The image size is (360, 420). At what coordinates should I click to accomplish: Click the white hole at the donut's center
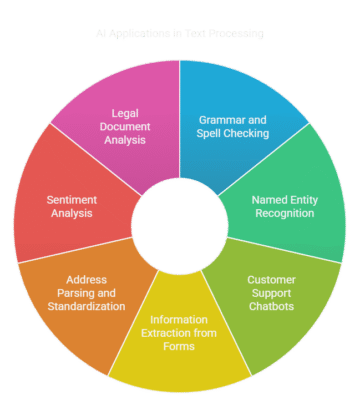click(180, 223)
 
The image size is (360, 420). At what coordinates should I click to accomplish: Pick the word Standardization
click(86, 306)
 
